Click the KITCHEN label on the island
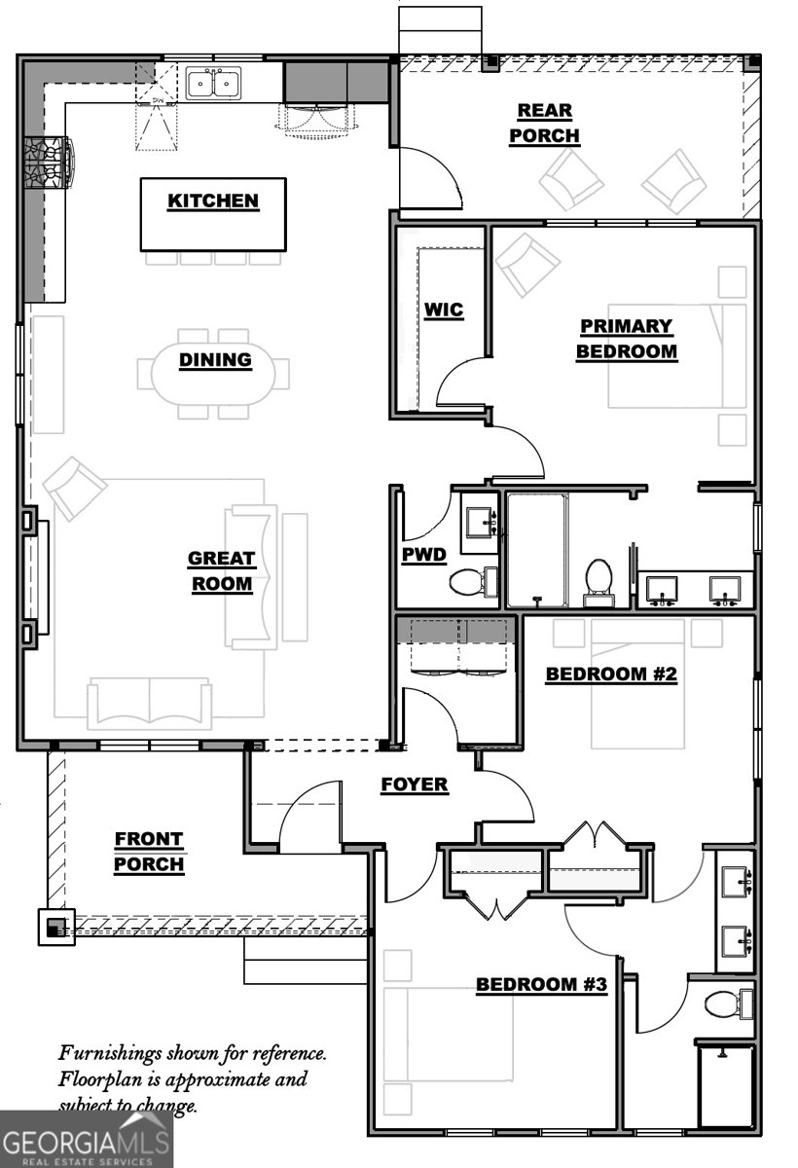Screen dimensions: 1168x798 pos(213,201)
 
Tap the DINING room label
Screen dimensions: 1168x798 pos(215,360)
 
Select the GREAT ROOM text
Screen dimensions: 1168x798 pos(221,571)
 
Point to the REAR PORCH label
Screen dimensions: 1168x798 pos(544,124)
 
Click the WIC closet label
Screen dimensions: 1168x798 pos(443,311)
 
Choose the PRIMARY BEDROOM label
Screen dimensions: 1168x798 pos(626,339)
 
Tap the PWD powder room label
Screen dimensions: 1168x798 pos(423,556)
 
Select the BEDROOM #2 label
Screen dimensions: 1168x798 pos(610,674)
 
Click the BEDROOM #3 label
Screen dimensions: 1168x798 pos(541,985)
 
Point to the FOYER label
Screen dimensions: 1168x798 pos(414,785)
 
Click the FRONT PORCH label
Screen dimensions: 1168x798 pos(148,851)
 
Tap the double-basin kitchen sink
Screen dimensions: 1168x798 pos(213,84)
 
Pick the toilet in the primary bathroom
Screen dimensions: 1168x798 pos(597,577)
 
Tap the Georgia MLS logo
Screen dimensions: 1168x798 pos(86,1139)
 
